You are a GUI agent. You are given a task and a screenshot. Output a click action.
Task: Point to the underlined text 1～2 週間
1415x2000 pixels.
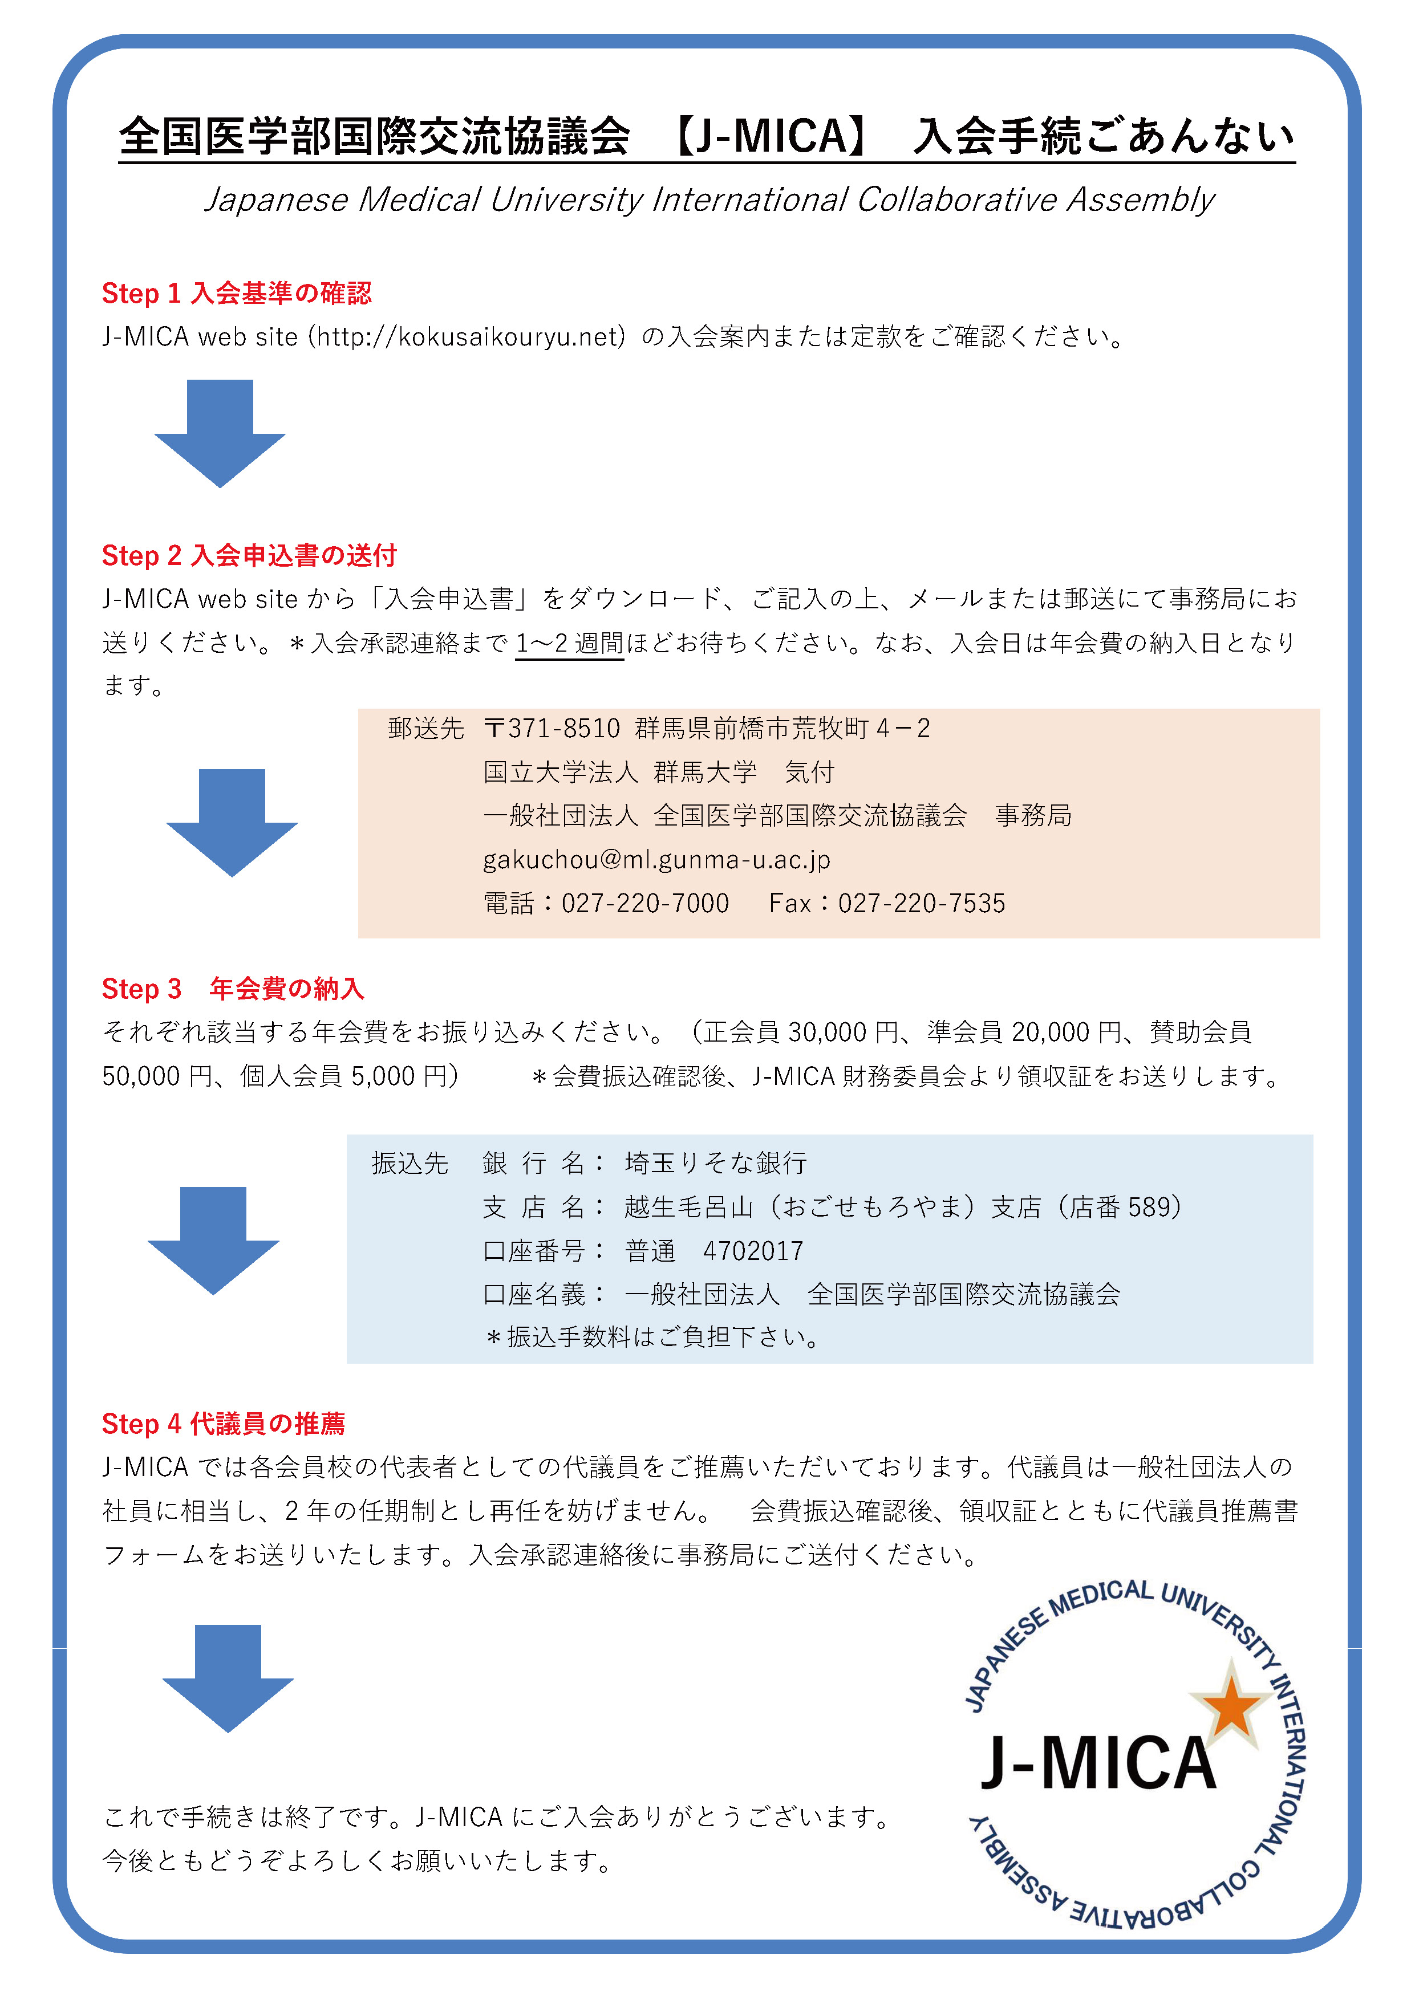570,643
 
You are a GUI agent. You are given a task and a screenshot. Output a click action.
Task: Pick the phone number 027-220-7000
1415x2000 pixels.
645,903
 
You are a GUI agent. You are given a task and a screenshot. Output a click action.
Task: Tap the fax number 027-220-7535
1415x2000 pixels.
922,903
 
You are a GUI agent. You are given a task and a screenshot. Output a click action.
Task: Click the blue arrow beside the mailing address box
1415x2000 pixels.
232,822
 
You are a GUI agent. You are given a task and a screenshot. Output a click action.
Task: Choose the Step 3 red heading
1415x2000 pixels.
233,989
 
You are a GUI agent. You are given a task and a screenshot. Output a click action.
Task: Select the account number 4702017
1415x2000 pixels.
753,1251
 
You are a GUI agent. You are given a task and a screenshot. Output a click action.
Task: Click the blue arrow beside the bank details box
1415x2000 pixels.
213,1241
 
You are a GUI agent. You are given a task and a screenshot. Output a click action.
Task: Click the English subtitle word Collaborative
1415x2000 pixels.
956,200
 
